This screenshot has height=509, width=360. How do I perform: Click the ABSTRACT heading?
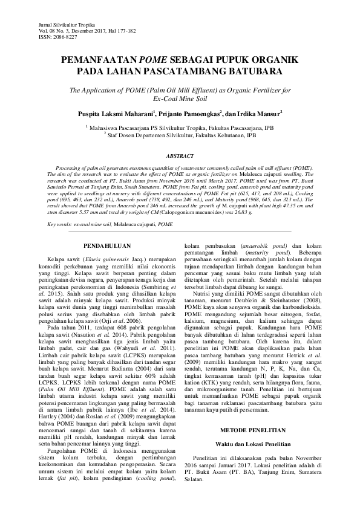coord(180,155)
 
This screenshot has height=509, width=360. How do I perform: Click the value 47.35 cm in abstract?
coord(300,206)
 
